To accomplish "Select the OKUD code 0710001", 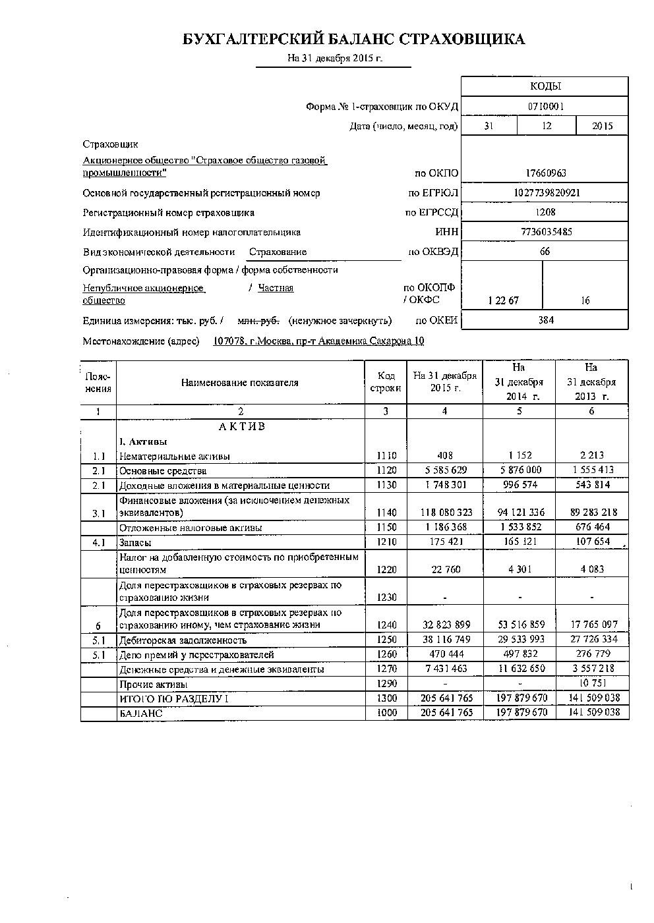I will tap(545, 106).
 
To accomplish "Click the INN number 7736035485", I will tap(545, 232).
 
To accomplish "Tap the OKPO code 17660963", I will tap(545, 173).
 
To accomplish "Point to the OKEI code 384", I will tap(545, 320).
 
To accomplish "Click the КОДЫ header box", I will tap(545, 86).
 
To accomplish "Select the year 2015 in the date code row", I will tap(602, 126).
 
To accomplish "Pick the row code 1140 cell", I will tap(386, 513).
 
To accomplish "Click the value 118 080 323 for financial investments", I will tap(445, 513).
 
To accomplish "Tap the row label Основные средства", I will tap(162, 471).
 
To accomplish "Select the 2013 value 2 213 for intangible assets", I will tap(591, 455).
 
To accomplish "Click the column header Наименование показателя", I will tap(240, 383).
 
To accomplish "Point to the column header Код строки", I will tap(386, 382).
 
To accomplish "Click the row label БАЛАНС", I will tap(140, 713).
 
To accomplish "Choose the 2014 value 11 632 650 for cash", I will tap(520, 669).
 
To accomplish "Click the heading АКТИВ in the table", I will tap(241, 427).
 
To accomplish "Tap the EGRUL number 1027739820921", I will tap(545, 193).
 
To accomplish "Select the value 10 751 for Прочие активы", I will tap(591, 683).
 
